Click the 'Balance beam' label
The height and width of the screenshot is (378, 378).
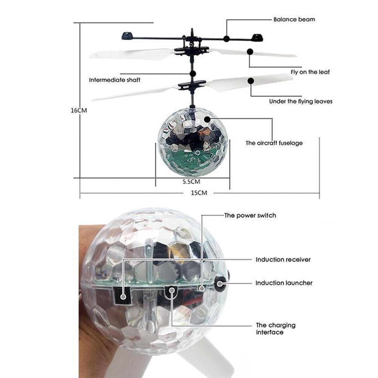(x=294, y=19)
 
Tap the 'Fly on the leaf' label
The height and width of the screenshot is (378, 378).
(x=310, y=72)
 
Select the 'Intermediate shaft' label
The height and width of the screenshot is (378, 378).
(x=115, y=80)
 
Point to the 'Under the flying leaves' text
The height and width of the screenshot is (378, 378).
(x=301, y=101)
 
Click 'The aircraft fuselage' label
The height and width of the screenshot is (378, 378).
(x=274, y=143)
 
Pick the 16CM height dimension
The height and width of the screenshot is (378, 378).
(x=79, y=110)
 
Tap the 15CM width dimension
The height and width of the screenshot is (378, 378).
(x=199, y=193)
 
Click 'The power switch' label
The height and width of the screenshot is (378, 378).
(x=250, y=215)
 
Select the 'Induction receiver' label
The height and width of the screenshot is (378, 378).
(x=283, y=260)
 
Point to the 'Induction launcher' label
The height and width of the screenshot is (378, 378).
(x=284, y=283)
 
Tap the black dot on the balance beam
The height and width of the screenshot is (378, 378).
(x=226, y=39)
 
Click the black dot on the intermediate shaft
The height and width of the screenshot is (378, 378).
(x=193, y=74)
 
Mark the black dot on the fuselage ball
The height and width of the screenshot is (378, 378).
(x=207, y=119)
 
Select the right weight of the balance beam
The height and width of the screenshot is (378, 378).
(x=257, y=37)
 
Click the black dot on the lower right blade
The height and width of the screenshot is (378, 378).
(x=251, y=80)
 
